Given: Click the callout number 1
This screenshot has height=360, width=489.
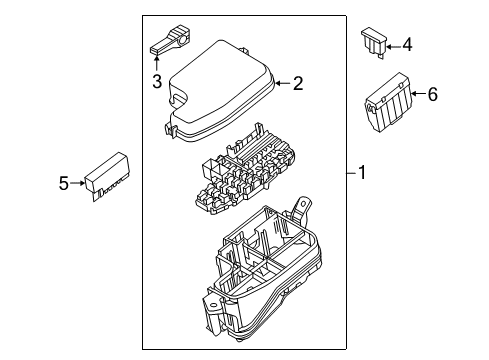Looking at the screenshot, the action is [362, 173].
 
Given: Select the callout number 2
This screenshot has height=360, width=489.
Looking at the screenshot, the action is [298, 83].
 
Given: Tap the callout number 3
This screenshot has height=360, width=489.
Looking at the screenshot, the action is [157, 82].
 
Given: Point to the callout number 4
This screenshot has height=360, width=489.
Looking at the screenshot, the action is [407, 45].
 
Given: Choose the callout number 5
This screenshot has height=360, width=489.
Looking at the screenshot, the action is [64, 183].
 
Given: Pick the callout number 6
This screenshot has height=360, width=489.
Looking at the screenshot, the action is [432, 94].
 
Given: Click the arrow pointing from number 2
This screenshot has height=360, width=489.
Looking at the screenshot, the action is [283, 83].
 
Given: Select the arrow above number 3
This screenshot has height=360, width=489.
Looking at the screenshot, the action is [156, 63].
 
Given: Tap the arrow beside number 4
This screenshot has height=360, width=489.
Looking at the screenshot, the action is [393, 47].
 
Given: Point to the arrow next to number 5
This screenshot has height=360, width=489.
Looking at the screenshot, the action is [77, 183].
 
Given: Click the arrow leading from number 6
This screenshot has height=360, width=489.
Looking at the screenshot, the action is [418, 93].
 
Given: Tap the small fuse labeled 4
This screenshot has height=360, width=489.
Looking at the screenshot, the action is [375, 42].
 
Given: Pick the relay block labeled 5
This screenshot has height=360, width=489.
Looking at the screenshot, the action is [107, 176].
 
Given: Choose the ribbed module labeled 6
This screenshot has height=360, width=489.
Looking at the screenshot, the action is [388, 102].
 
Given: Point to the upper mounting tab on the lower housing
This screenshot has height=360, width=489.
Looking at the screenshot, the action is [302, 208].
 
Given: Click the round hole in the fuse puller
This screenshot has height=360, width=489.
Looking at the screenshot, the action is [183, 41].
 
